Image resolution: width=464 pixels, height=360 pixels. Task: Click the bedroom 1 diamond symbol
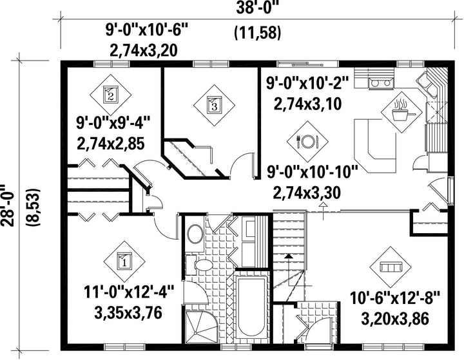click(x=124, y=261)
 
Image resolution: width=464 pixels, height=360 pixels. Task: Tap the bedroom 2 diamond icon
click(x=111, y=95)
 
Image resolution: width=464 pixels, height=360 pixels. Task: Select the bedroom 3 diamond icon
click(x=214, y=106)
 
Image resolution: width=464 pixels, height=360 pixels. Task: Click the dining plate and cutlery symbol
click(x=307, y=142)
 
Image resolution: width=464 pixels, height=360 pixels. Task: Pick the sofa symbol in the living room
click(x=391, y=267)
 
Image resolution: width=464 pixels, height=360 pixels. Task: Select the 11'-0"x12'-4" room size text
click(x=128, y=292)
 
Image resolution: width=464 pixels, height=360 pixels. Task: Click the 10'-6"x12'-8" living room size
click(x=395, y=298)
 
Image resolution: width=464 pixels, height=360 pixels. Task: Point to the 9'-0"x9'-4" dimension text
click(x=114, y=124)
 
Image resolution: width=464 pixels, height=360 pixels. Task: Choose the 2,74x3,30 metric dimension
click(x=307, y=193)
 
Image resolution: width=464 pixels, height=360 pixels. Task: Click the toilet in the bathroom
click(x=199, y=265)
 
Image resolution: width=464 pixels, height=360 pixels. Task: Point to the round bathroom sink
click(x=195, y=234)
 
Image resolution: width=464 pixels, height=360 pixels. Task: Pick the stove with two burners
click(x=381, y=83)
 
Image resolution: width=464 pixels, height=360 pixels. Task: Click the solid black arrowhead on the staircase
click(x=288, y=256)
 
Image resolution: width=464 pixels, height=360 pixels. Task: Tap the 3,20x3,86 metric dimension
click(x=395, y=319)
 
